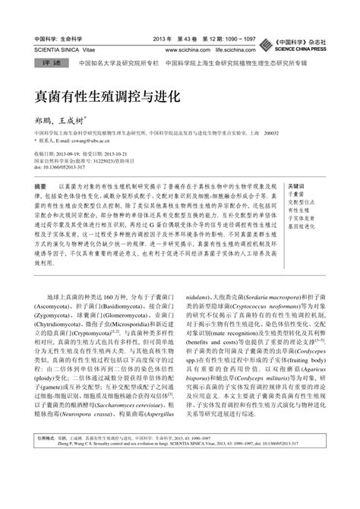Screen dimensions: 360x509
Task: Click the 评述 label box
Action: tap(47, 64)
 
